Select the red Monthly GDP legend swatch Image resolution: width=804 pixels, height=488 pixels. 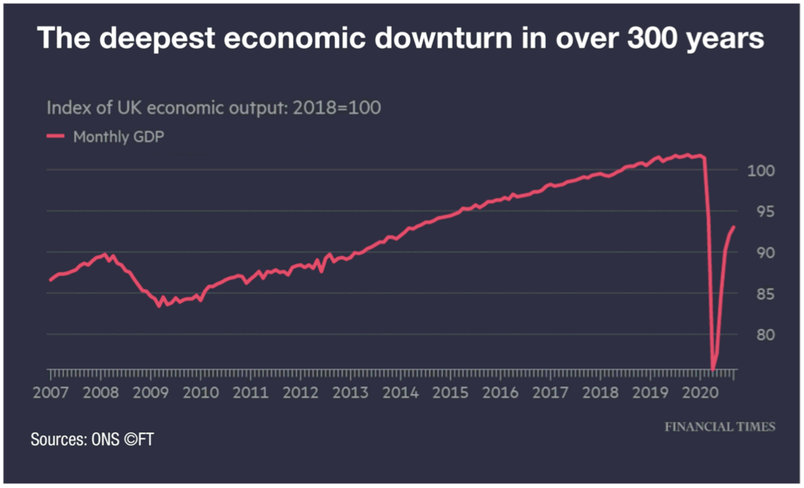coord(56,136)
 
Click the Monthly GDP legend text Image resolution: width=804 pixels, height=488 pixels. coord(118,137)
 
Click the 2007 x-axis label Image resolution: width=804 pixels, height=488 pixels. coord(50,391)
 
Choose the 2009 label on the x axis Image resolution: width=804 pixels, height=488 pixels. coord(150,391)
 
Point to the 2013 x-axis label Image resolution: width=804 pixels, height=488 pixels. coord(350,391)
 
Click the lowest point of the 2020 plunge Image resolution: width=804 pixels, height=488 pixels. coord(713,370)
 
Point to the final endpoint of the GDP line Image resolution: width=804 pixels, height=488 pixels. coord(734,227)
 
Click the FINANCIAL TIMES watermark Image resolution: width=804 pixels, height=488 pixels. coord(720,427)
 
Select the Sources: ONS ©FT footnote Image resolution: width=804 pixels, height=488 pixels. coord(93,440)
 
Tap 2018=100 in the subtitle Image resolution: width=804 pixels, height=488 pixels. coord(337,108)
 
